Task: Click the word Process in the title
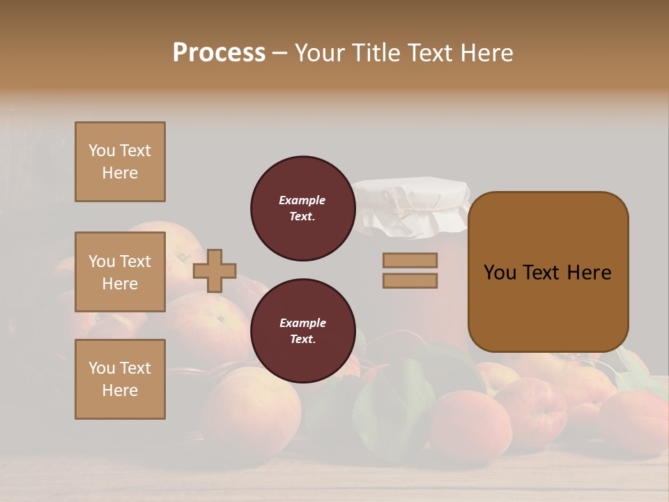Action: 219,52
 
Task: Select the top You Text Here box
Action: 120,162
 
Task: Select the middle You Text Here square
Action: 120,272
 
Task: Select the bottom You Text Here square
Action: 120,379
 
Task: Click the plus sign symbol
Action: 215,271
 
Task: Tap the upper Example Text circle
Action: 302,208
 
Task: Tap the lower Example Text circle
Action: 302,331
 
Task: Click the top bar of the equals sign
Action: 410,260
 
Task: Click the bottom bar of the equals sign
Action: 410,280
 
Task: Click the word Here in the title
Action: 486,52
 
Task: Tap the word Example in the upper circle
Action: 302,200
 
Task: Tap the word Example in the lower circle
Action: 302,323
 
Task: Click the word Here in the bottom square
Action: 120,390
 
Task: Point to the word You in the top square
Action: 102,151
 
